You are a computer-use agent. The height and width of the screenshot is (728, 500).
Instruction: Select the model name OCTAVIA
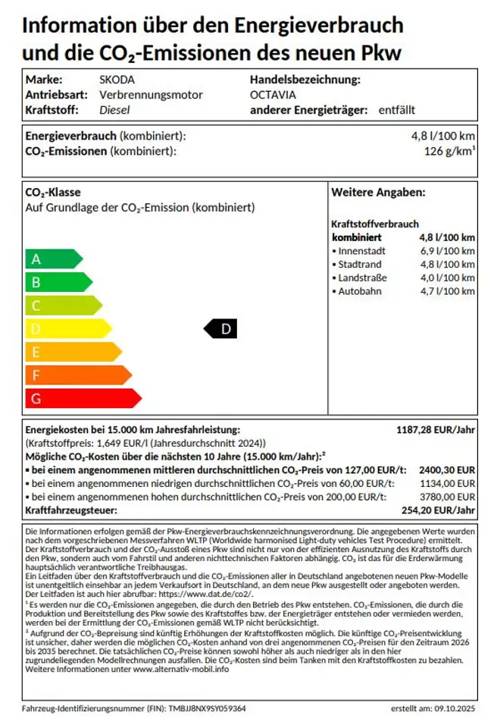[x=273, y=95]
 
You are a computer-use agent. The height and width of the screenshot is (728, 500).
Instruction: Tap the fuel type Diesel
[x=115, y=110]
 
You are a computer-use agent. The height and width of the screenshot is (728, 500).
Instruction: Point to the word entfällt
[x=397, y=110]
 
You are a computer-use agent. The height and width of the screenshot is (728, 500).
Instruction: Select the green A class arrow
[x=53, y=259]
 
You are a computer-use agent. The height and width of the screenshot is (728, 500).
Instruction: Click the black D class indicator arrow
[x=221, y=328]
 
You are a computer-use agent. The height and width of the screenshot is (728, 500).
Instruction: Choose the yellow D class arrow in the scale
[x=67, y=329]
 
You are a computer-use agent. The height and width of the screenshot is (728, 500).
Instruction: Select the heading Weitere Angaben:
[x=378, y=193]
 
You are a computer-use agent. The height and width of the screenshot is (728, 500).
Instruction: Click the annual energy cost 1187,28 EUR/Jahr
[x=436, y=430]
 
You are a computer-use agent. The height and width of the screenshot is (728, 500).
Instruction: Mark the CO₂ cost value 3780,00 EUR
[x=447, y=497]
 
